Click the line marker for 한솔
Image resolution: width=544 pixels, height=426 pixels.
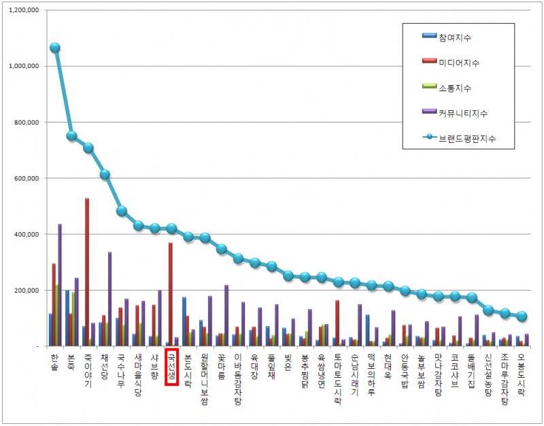pos(55,48)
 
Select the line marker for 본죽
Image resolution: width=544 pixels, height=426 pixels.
pos(71,136)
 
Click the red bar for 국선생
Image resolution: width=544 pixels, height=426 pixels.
pos(170,296)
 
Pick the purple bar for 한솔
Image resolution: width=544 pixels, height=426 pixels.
pos(60,286)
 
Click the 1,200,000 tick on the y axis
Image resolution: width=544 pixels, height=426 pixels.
pos(23,11)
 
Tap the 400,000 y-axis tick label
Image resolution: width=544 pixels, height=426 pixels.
pos(25,234)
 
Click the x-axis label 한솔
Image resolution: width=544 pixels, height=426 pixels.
pos(54,360)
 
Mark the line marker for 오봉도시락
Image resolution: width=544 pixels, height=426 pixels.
pos(522,316)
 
